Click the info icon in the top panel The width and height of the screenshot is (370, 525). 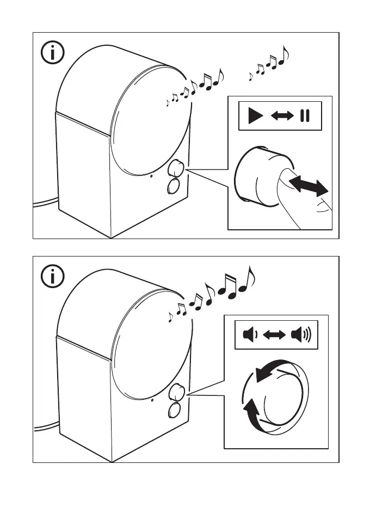(53, 53)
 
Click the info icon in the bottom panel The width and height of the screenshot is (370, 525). (53, 277)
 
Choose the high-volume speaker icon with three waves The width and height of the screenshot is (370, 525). (301, 334)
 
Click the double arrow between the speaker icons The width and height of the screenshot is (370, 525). (274, 334)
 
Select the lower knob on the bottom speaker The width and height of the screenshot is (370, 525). (174, 410)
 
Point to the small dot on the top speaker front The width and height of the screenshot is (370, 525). (152, 176)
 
